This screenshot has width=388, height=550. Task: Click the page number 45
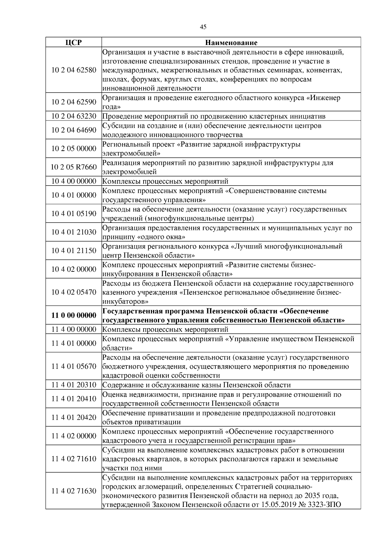[x=203, y=27]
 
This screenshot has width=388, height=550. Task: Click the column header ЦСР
[x=73, y=43]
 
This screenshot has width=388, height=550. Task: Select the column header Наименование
[x=231, y=43]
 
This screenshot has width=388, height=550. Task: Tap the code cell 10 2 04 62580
[x=74, y=70]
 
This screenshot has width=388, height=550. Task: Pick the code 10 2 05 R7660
[x=74, y=167]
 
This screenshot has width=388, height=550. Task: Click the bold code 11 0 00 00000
[x=74, y=315]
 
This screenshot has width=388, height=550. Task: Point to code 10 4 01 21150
[x=74, y=251]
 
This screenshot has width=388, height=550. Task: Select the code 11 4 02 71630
[x=74, y=491]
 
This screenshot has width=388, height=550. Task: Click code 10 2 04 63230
[x=74, y=116]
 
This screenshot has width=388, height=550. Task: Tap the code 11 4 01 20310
[x=74, y=385]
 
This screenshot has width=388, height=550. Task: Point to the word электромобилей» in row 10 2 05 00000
[x=131, y=153]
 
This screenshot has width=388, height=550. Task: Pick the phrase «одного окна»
[x=161, y=237]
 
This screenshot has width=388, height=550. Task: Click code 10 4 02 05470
[x=74, y=292]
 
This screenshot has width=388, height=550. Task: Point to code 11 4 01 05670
[x=74, y=366]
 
